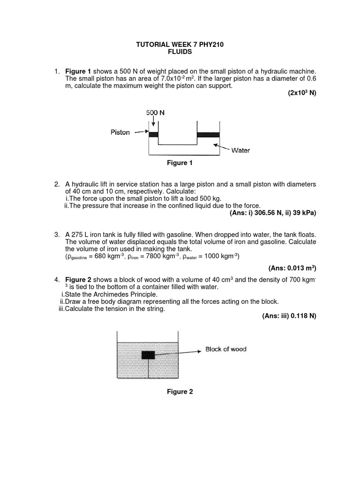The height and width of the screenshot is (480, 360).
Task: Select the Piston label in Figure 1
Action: pyautogui.click(x=120, y=133)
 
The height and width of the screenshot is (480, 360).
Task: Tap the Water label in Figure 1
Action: pyautogui.click(x=240, y=150)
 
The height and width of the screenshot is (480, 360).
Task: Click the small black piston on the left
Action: pyautogui.click(x=153, y=135)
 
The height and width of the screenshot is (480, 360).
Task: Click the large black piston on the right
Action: pyautogui.click(x=208, y=135)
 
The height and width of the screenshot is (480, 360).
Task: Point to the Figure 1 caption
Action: pyautogui.click(x=180, y=163)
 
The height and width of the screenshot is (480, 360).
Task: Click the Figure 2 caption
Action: pyautogui.click(x=180, y=392)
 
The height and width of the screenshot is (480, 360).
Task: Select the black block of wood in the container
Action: pyautogui.click(x=148, y=355)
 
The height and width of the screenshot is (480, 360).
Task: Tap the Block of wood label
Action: pyautogui.click(x=225, y=349)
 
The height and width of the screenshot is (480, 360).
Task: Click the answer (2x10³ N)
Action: pyautogui.click(x=302, y=93)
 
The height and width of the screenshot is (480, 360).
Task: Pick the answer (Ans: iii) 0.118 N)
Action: pyautogui.click(x=289, y=316)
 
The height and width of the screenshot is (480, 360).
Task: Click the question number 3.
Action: pyautogui.click(x=57, y=234)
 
